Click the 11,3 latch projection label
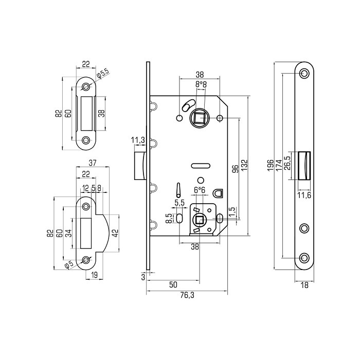(137, 140)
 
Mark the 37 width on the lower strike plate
(93, 163)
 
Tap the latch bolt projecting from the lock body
(138, 166)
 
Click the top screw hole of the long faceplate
(304, 73)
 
